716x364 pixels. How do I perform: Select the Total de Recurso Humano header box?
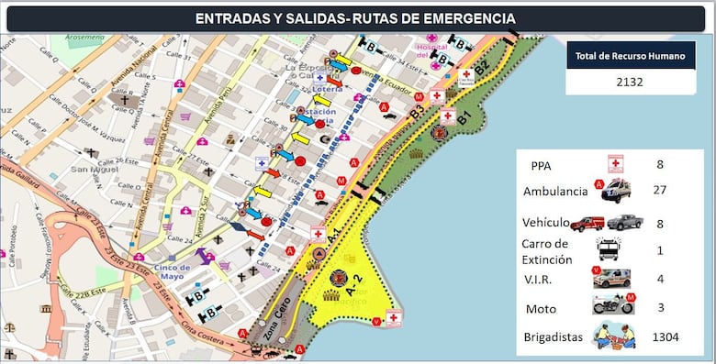[x=630, y=56]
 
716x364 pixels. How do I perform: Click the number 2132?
[x=630, y=83]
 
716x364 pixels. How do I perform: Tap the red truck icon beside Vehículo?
[x=587, y=223]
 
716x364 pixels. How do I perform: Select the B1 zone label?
[x=464, y=117]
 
